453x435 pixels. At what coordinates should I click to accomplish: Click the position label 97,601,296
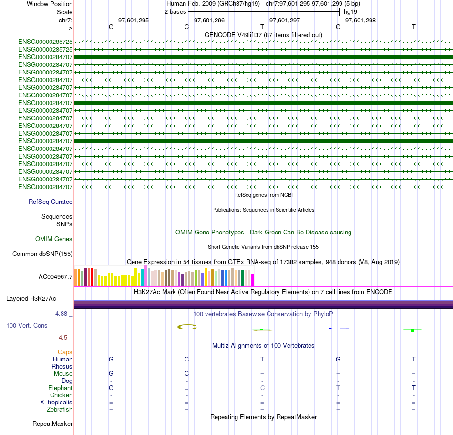[x=209, y=20]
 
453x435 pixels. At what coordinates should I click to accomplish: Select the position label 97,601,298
[x=360, y=20]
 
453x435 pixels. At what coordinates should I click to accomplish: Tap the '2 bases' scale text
[x=175, y=11]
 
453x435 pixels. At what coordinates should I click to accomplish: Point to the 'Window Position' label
[x=50, y=4]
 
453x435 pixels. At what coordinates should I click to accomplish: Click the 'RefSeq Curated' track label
[x=51, y=202]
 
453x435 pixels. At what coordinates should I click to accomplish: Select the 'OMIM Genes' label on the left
[x=54, y=239]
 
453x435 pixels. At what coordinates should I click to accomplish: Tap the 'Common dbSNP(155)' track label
[x=42, y=254]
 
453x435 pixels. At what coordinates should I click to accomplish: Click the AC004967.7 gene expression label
[x=56, y=276]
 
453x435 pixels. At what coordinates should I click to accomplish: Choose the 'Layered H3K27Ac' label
[x=31, y=299]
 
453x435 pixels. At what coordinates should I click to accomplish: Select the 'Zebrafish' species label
[x=60, y=410]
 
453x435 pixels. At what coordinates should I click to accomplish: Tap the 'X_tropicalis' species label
[x=56, y=403]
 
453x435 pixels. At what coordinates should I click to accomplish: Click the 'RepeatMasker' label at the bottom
[x=52, y=424]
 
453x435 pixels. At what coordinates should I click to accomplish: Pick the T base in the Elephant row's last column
[x=414, y=388]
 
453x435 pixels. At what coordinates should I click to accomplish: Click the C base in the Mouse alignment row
[x=187, y=373]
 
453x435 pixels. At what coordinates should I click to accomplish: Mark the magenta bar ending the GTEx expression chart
[x=253, y=279]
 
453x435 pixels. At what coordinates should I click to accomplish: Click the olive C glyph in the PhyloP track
[x=187, y=327]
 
